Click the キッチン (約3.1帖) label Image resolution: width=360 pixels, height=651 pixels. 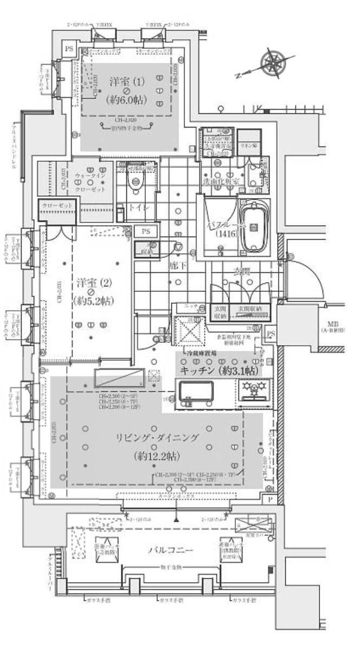(x=219, y=371)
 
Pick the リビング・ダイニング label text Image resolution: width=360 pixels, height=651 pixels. (x=157, y=437)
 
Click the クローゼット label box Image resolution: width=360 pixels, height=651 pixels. (x=56, y=206)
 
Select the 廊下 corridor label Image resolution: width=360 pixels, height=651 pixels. (x=175, y=267)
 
